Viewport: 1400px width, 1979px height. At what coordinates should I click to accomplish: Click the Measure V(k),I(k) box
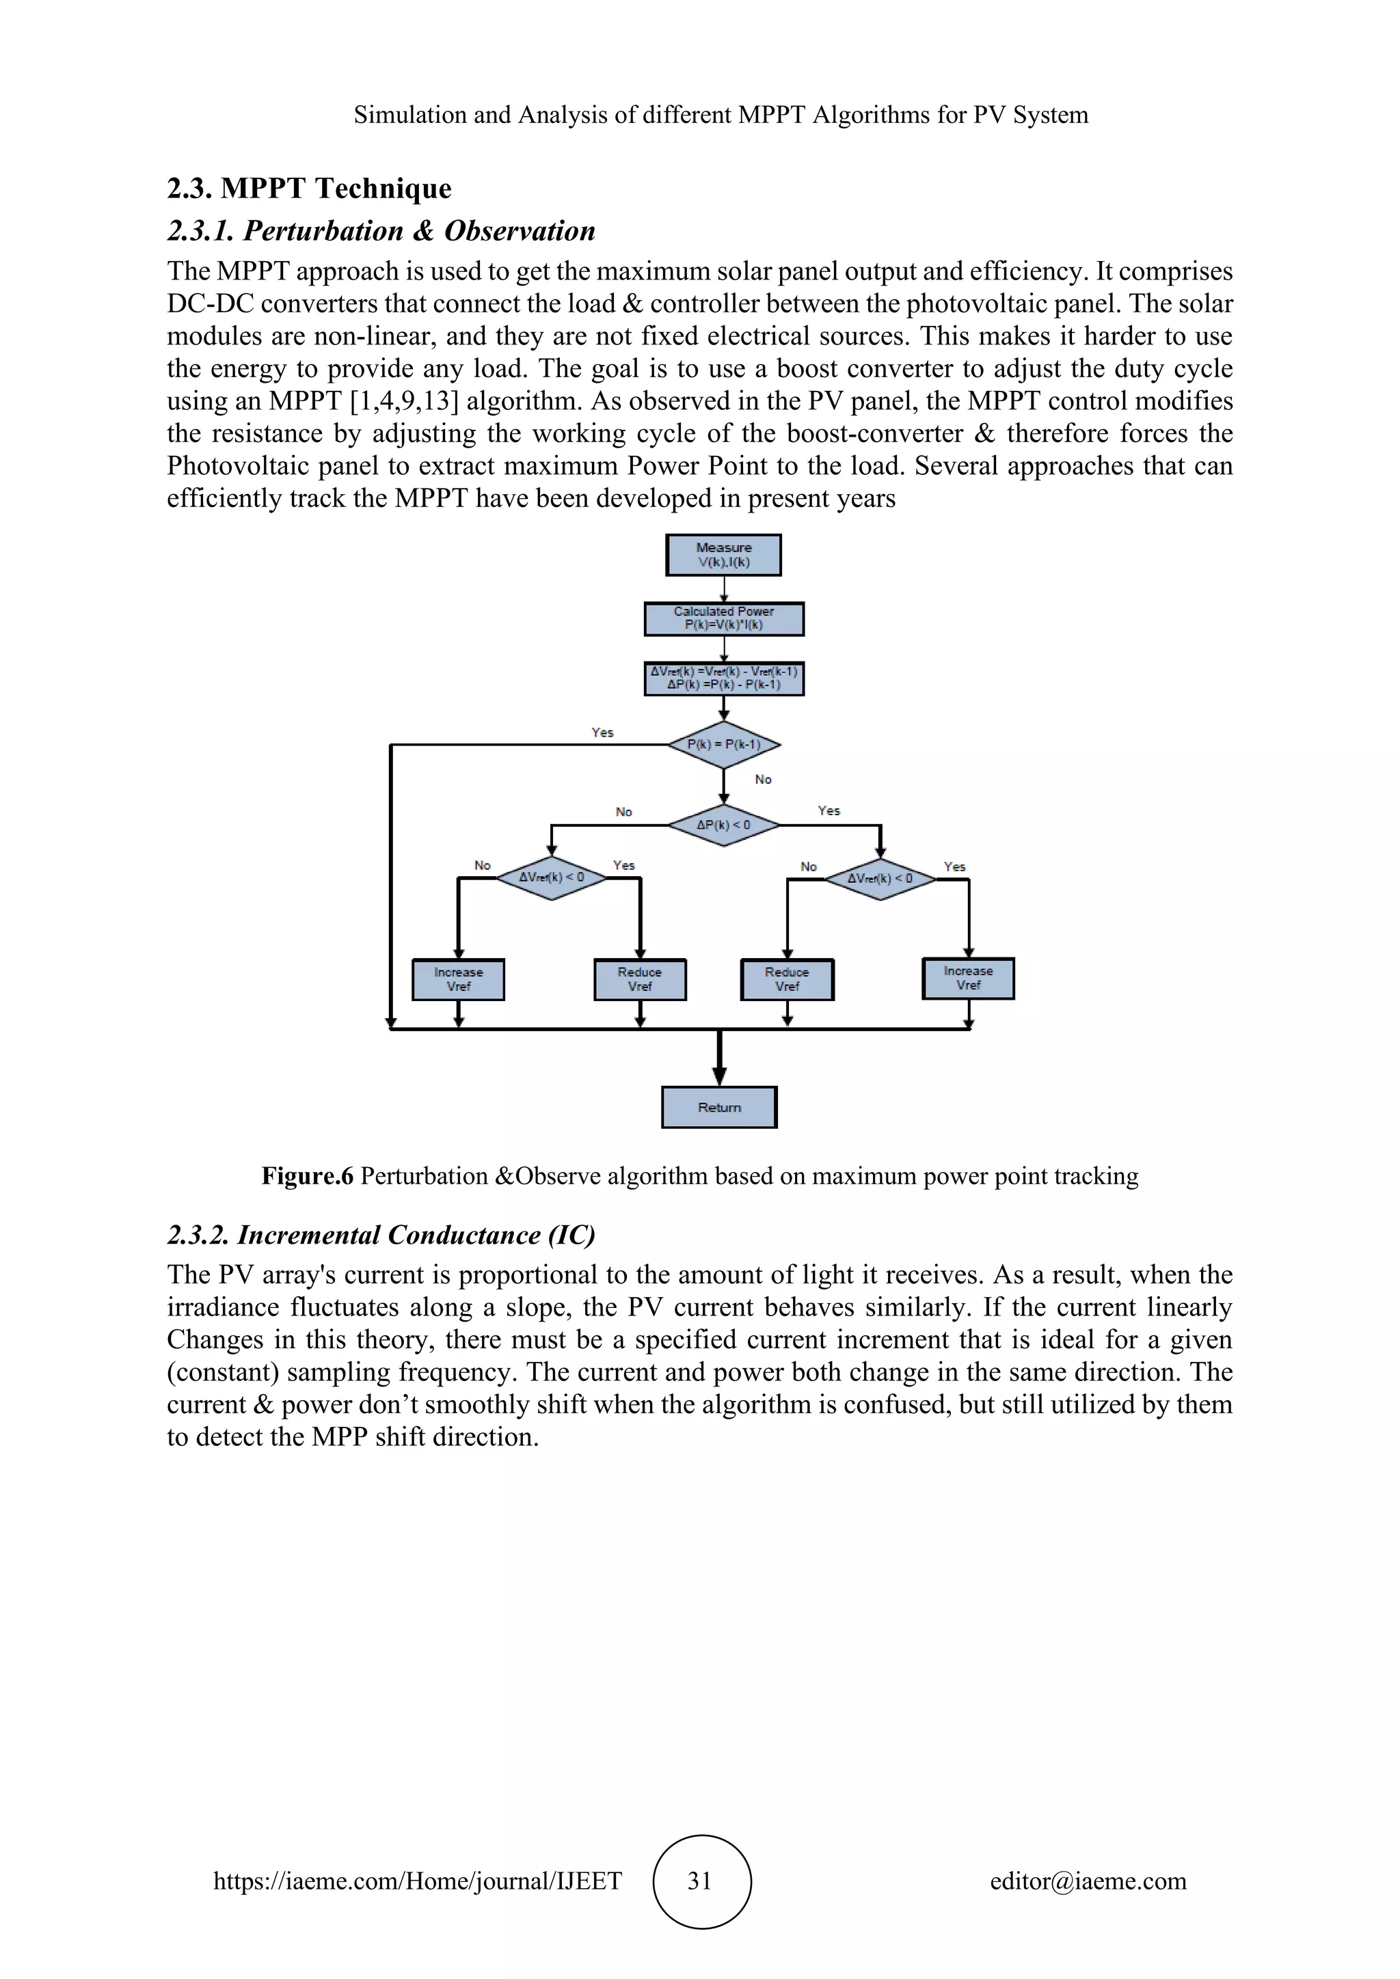(x=723, y=554)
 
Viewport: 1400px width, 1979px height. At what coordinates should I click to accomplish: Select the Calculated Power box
(x=723, y=618)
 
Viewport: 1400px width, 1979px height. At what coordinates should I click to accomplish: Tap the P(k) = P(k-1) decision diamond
(x=723, y=744)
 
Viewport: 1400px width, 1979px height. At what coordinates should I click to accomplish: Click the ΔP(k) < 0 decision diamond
(x=723, y=825)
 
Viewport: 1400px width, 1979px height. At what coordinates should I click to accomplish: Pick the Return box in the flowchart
(x=719, y=1107)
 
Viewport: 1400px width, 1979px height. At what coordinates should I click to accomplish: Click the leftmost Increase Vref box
(x=458, y=979)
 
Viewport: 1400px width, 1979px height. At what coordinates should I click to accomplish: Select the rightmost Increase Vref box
(x=967, y=979)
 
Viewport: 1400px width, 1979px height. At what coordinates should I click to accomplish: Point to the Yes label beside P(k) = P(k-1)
(x=602, y=732)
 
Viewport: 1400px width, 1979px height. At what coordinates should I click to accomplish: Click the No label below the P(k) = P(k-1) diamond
(x=763, y=779)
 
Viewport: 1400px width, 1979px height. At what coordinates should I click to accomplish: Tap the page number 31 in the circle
(x=700, y=1880)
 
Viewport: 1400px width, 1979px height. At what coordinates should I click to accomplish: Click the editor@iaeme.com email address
(x=1087, y=1880)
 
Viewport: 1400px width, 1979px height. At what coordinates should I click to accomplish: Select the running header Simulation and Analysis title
(x=721, y=115)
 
